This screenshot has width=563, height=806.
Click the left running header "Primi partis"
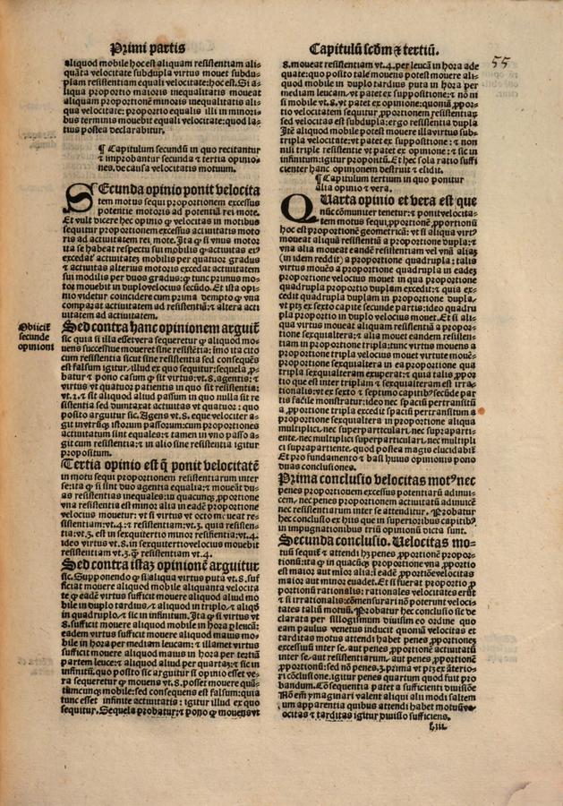(x=148, y=47)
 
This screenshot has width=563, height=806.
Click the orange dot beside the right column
(x=482, y=411)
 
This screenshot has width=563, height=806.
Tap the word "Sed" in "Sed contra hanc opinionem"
(x=75, y=327)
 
